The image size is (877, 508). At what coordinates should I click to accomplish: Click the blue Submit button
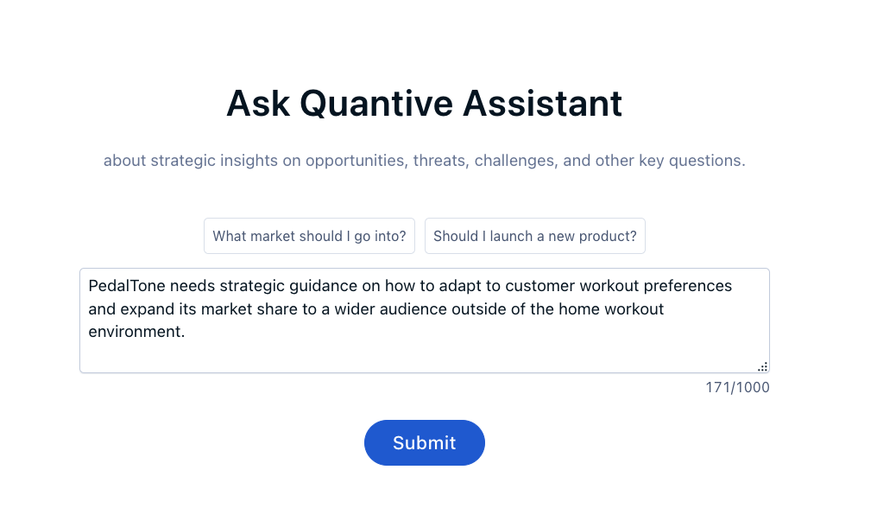point(425,442)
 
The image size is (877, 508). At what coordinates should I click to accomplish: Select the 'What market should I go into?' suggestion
point(309,236)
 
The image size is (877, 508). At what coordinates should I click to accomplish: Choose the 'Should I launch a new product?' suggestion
point(534,236)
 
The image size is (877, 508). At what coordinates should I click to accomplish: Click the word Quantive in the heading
point(376,104)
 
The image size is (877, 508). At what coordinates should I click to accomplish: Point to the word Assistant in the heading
point(543,104)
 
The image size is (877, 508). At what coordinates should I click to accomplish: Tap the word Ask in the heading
point(258,104)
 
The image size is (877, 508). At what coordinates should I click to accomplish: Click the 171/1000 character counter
point(737,387)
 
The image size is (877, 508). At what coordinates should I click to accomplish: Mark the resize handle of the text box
point(763,367)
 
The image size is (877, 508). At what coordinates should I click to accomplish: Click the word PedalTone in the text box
point(127,286)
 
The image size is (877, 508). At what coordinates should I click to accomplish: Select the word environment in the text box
point(135,332)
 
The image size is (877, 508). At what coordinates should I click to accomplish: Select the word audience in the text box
point(412,308)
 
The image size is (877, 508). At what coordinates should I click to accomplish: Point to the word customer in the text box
point(540,286)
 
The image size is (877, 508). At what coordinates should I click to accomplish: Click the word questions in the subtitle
point(707,161)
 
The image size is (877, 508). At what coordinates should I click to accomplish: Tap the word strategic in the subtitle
point(183,161)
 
